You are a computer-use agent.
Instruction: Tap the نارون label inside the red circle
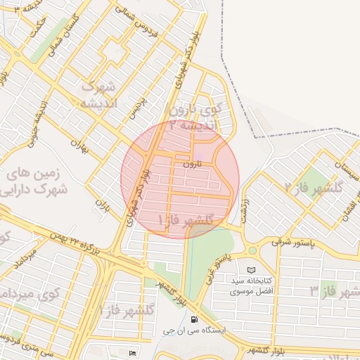click(x=192, y=163)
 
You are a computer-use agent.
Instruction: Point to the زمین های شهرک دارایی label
click(x=41, y=181)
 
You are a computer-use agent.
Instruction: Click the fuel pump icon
click(x=194, y=318)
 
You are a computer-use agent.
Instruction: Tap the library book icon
click(x=252, y=270)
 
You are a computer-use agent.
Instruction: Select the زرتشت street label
click(x=245, y=210)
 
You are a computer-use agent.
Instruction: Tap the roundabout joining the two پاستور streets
click(x=252, y=250)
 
